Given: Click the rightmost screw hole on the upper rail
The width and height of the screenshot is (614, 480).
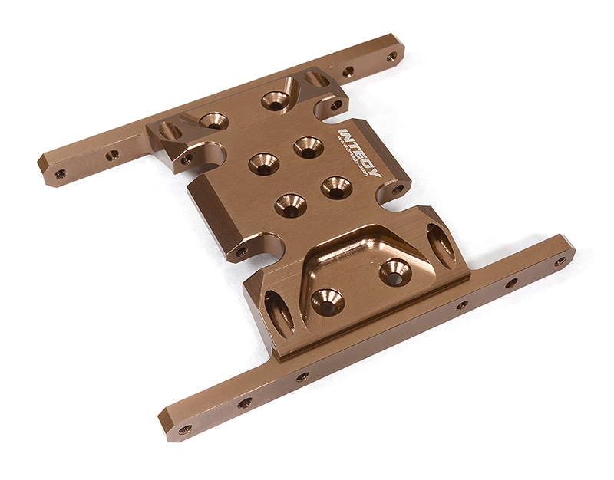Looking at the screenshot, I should (x=391, y=56).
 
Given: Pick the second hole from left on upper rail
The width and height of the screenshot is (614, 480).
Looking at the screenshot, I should (x=112, y=155).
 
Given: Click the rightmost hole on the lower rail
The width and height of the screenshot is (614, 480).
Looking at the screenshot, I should (x=560, y=261).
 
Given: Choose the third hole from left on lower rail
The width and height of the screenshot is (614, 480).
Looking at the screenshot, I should (x=303, y=376).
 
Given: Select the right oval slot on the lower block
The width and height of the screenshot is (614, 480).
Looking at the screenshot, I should (x=441, y=245).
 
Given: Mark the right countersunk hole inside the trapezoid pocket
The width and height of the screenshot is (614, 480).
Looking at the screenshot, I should (x=395, y=271).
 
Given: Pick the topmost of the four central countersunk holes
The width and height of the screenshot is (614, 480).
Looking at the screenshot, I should (x=307, y=146).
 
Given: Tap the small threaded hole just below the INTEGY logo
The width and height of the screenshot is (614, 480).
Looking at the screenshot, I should (x=398, y=189).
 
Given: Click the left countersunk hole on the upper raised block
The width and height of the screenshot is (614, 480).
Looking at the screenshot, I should (x=213, y=120).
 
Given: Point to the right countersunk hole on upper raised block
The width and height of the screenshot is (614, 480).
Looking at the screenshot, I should (x=273, y=100).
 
